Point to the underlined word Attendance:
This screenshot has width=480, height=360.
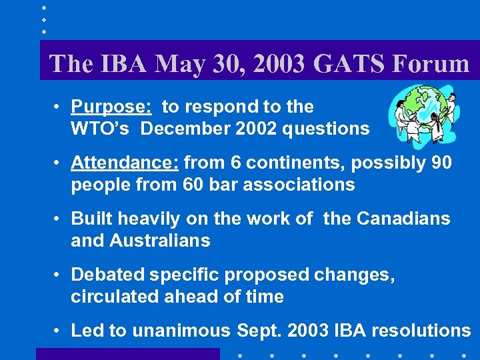point(125,163)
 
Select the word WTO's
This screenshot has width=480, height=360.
point(101,129)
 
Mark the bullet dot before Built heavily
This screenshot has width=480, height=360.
point(59,219)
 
